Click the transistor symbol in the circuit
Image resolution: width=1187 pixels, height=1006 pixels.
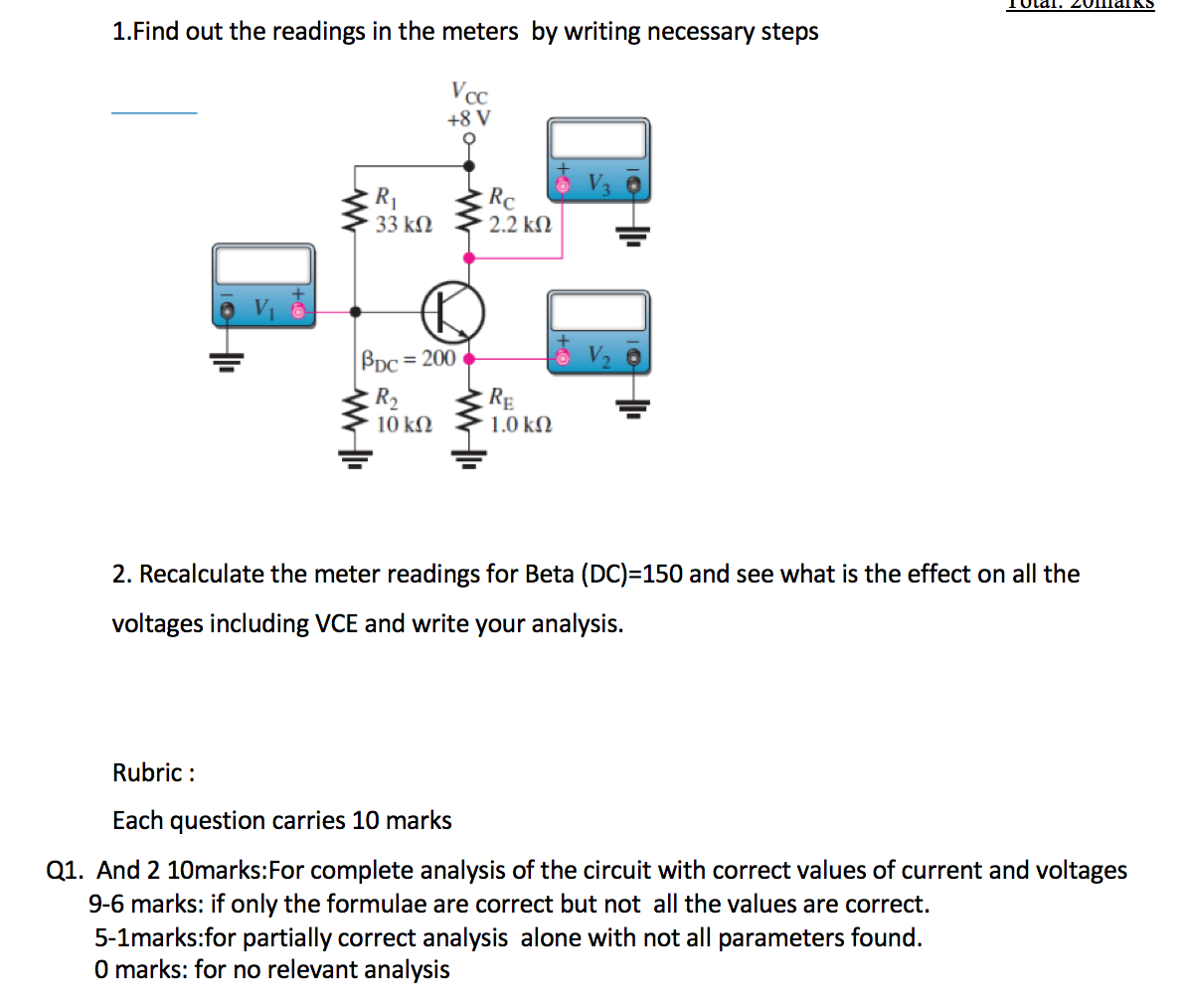[453, 311]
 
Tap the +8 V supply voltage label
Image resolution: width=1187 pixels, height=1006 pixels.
[468, 119]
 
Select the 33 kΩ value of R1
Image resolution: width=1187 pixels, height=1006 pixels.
[404, 225]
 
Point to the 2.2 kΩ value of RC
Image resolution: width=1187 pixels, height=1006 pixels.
[519, 225]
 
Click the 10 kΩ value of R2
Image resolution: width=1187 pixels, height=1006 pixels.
[404, 424]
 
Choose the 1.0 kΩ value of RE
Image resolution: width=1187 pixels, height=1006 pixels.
[520, 424]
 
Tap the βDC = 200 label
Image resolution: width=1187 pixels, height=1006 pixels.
[409, 358]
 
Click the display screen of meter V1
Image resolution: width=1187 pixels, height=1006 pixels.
[262, 266]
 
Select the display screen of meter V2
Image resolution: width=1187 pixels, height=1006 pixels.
[597, 312]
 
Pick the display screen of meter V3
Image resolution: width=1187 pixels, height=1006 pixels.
[597, 139]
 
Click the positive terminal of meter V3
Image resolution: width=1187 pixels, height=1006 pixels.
[563, 186]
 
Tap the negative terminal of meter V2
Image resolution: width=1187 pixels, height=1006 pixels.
[630, 357]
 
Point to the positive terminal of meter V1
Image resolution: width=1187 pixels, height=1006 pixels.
[296, 311]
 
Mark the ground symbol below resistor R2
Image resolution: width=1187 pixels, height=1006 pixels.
[356, 458]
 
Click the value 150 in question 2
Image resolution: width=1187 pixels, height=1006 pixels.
[663, 575]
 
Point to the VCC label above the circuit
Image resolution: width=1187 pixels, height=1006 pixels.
[469, 93]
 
